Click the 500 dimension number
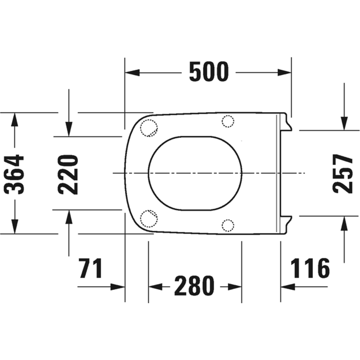209,72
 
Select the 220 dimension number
68,175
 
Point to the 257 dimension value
343,174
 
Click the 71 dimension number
90,268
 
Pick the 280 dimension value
194,286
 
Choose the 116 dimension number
310,268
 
